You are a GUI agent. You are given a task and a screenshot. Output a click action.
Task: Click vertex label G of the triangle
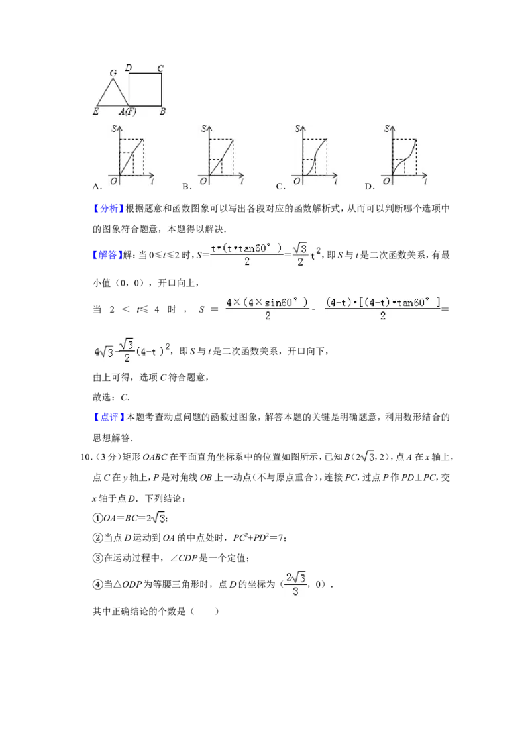(x=113, y=73)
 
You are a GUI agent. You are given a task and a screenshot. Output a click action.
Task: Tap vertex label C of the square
(x=161, y=68)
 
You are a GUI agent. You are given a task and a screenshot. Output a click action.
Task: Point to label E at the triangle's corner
(x=95, y=111)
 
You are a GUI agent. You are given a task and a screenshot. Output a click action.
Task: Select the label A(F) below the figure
(x=128, y=111)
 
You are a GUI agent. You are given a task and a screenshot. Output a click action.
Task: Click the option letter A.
(x=97, y=187)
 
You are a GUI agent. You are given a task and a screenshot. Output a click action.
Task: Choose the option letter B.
(x=187, y=187)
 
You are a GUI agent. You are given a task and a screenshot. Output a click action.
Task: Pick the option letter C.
(x=280, y=187)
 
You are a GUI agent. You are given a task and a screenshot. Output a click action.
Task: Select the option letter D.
(x=369, y=187)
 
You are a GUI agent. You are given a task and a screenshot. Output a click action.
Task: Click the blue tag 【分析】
(x=109, y=209)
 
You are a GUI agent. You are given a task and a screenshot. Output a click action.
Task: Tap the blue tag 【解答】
(x=107, y=255)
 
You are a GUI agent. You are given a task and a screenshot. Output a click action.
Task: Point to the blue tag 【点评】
(x=109, y=417)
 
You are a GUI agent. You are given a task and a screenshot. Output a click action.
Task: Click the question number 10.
(x=85, y=457)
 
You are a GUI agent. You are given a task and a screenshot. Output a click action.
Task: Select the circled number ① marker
(x=97, y=518)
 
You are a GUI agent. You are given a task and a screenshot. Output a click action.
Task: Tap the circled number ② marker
(x=97, y=538)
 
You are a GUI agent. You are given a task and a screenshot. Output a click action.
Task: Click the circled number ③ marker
(x=97, y=559)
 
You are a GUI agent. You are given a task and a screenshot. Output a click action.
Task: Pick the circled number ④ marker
(x=97, y=584)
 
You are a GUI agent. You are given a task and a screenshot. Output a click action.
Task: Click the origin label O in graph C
(x=297, y=181)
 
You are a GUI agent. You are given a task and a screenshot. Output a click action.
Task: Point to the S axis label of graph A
(x=115, y=128)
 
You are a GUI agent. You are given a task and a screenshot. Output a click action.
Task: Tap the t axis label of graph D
(x=425, y=181)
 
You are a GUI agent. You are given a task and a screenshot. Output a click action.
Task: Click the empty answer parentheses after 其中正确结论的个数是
(x=205, y=612)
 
